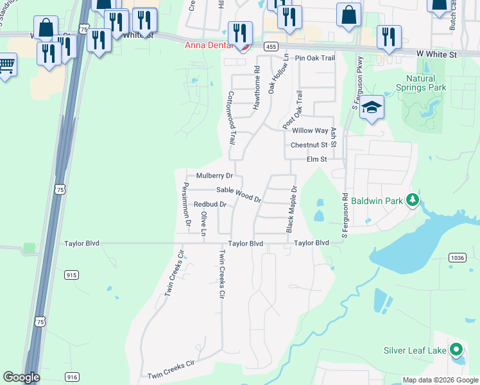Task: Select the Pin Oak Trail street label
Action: [315, 58]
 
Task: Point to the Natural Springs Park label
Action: [420, 83]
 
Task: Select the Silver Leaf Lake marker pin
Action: [456, 350]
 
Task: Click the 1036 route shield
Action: [458, 257]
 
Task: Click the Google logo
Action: [21, 377]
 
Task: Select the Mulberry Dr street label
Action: [214, 175]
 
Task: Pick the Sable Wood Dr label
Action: [238, 194]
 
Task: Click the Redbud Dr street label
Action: [210, 205]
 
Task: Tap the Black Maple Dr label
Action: [291, 210]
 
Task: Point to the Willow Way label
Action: [310, 131]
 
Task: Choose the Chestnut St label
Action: [309, 146]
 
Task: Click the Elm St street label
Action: [317, 159]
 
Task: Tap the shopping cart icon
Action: [6, 64]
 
